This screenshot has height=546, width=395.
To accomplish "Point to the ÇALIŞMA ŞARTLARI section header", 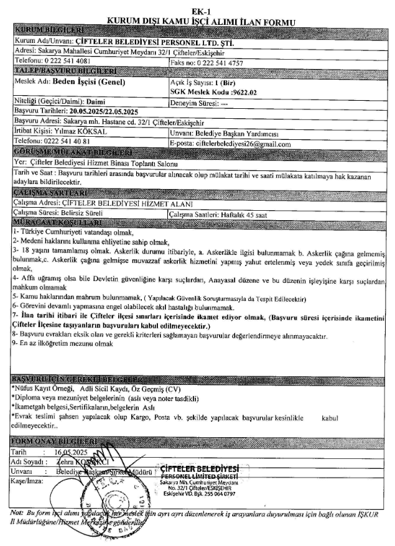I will pyautogui.click(x=44, y=193).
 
